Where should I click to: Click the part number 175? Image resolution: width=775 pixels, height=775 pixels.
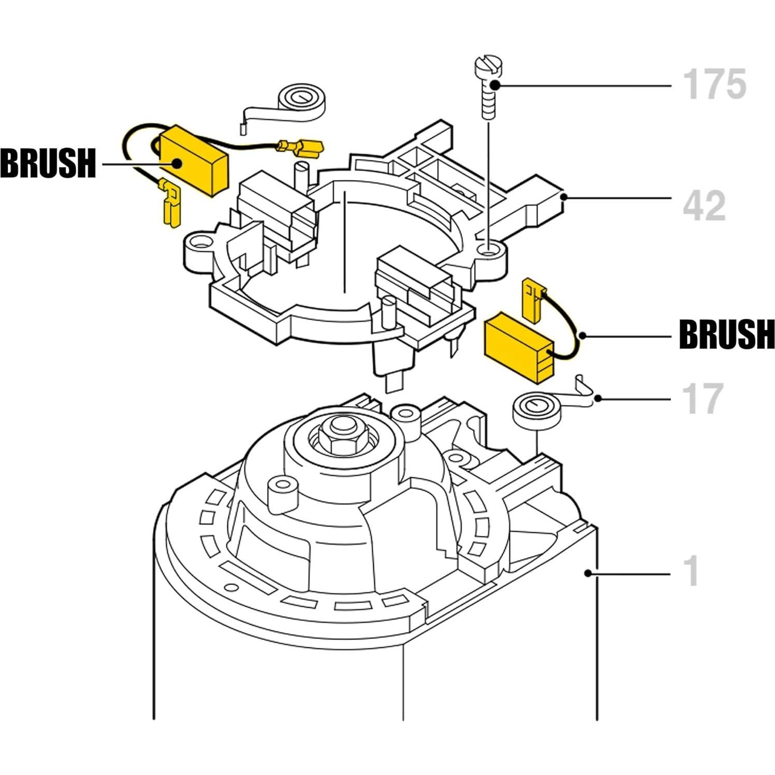(714, 83)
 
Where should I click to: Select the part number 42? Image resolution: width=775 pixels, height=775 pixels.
(704, 206)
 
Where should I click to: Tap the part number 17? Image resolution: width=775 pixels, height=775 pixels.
(703, 399)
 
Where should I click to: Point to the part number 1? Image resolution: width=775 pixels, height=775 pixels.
(692, 572)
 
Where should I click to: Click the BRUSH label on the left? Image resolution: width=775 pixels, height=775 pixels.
(48, 163)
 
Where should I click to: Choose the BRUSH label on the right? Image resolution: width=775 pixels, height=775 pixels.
(727, 334)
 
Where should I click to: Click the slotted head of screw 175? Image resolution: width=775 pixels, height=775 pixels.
(489, 68)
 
